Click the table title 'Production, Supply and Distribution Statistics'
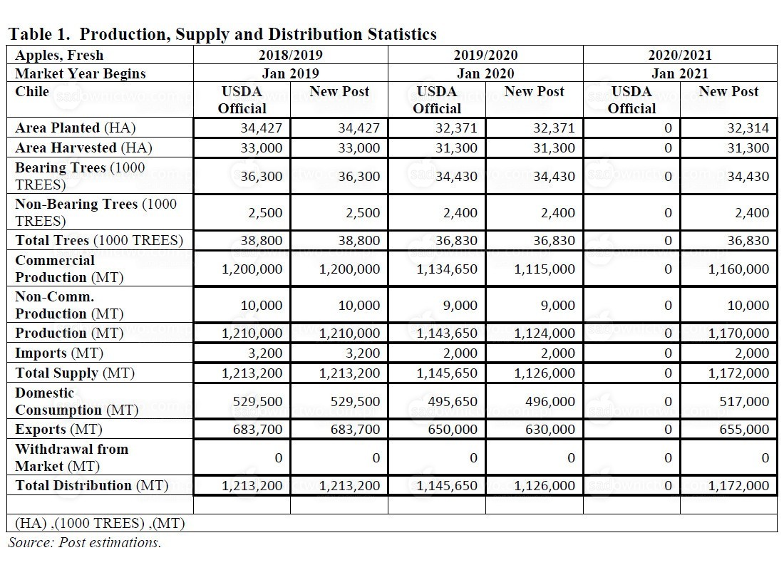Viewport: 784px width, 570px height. point(258,34)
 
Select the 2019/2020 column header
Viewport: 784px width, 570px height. point(485,55)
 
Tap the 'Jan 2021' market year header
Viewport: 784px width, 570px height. point(680,73)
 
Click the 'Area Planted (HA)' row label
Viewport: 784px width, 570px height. point(76,128)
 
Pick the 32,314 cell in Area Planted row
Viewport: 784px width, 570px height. point(748,128)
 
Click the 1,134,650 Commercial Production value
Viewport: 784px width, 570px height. point(447,269)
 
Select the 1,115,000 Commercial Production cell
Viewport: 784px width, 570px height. point(545,269)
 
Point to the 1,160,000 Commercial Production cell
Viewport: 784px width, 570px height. point(738,269)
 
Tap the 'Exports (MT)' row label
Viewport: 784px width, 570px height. point(58,430)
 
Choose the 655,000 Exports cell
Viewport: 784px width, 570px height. point(744,430)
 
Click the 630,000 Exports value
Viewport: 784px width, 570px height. point(550,430)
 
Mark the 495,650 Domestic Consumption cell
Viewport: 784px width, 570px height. point(453,402)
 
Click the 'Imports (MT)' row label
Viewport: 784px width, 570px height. point(59,353)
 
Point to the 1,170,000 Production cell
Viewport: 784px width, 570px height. point(738,333)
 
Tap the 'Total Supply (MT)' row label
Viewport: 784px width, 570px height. point(75,373)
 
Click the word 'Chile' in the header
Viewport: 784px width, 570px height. point(32,91)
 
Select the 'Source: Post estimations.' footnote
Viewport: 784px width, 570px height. point(85,542)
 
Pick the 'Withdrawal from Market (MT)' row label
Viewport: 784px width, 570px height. point(71,457)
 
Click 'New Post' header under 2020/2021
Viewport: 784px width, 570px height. point(728,91)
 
